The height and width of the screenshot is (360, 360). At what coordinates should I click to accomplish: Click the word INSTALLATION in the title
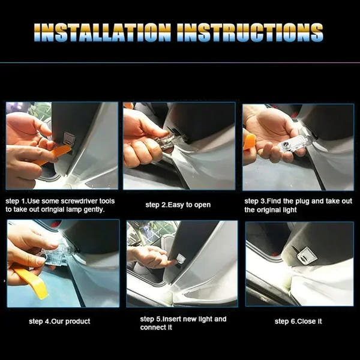(103, 32)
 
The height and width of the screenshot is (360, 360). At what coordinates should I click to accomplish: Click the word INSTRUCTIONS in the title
(250, 32)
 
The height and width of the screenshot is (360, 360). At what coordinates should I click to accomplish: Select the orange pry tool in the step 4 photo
(31, 281)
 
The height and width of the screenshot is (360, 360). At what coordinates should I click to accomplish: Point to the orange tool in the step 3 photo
(249, 142)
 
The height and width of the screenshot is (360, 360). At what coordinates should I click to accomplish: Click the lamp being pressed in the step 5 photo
(181, 259)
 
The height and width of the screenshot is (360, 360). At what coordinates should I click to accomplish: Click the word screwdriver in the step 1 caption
(79, 201)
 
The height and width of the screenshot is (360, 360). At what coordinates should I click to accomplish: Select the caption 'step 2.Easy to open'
(178, 205)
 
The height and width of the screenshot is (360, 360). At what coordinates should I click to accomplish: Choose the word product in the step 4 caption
(77, 322)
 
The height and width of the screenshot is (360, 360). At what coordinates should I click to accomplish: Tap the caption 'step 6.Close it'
(298, 321)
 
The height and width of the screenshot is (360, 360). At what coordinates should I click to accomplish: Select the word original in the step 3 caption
(266, 210)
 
